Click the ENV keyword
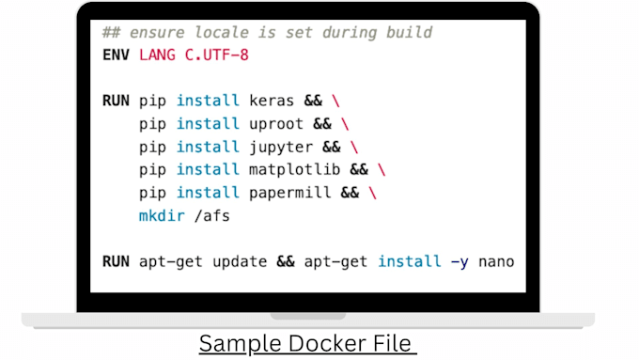pos(117,55)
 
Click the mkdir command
pos(162,215)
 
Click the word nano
pos(496,261)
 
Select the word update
pos(240,261)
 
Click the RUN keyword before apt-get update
pos(117,261)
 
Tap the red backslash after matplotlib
pos(382,169)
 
